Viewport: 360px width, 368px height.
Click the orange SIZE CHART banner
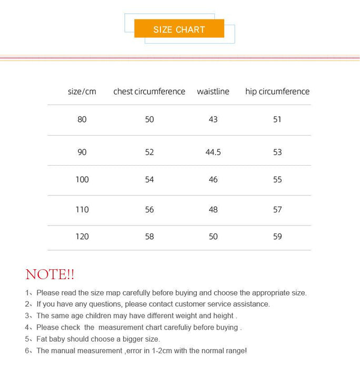(x=179, y=29)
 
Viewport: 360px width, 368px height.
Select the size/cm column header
(x=82, y=91)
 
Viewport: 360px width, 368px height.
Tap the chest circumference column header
(x=149, y=91)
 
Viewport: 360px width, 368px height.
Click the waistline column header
(x=213, y=91)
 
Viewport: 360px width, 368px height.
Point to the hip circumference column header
(x=277, y=91)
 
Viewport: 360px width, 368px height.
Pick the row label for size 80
(x=82, y=119)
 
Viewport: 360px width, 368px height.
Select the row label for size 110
(x=82, y=209)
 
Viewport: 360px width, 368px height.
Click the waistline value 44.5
(x=213, y=152)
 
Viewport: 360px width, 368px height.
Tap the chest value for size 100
(x=149, y=179)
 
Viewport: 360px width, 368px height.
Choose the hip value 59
(x=277, y=237)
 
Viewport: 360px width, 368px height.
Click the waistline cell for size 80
(x=213, y=119)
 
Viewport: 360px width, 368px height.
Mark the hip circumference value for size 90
(x=277, y=152)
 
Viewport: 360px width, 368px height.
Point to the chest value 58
(x=149, y=237)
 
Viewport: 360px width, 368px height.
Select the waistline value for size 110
(x=213, y=209)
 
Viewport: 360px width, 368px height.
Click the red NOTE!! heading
(x=50, y=274)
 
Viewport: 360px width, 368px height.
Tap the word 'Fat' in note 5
(x=43, y=339)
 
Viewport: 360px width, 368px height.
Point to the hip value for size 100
(x=277, y=179)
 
